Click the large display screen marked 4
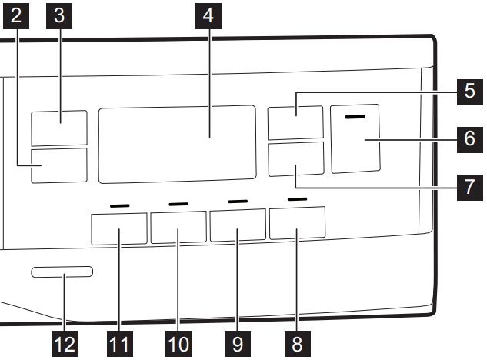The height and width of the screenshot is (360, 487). pos(177,144)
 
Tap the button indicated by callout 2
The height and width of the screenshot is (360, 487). pos(59,166)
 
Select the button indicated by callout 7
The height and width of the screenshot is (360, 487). pos(295,158)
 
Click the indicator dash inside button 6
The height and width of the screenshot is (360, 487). pos(355,117)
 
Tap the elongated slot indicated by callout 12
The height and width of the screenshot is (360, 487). pos(62,272)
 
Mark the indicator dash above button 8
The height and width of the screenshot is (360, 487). pos(297,200)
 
